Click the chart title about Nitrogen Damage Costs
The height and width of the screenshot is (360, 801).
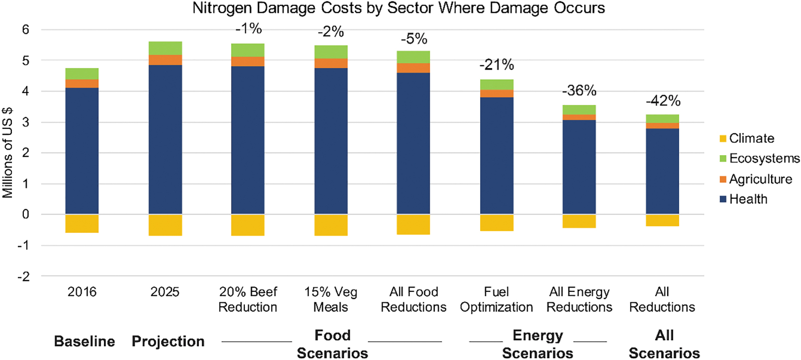coord(399,8)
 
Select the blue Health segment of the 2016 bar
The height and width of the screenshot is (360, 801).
coord(82,151)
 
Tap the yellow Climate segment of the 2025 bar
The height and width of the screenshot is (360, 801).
coord(165,225)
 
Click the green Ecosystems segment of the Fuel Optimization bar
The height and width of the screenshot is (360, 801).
coord(497,85)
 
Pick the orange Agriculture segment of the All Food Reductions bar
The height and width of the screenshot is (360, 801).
coord(413,68)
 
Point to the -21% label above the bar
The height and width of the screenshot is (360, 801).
coord(497,65)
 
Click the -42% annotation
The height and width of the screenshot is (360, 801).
coord(663,101)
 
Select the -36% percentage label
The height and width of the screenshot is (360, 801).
coord(579,91)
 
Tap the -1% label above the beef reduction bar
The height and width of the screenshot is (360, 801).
coord(249,28)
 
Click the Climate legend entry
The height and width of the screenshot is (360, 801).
coord(747,138)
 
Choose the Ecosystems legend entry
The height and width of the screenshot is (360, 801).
coord(760,159)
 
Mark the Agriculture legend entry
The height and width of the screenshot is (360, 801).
coord(756,179)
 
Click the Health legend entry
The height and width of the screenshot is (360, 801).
coord(743,199)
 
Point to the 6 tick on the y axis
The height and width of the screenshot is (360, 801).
coord(25,29)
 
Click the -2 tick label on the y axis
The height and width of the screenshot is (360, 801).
coord(23,276)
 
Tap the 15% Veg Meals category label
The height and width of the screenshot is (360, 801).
coord(331,299)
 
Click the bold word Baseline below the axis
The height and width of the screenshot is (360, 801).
coord(85,342)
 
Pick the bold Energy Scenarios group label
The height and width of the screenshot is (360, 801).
coord(538,344)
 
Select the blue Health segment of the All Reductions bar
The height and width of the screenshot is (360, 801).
coord(663,171)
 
